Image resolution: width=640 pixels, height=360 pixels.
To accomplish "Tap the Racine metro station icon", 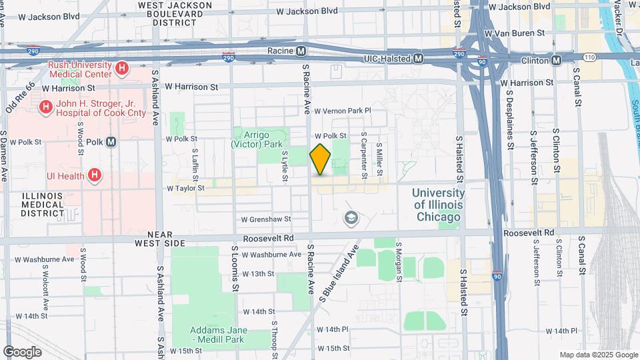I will [x=301, y=51].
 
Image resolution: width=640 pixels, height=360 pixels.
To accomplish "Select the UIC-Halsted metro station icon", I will [x=418, y=59].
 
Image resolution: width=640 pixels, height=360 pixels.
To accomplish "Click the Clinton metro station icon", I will [x=556, y=60].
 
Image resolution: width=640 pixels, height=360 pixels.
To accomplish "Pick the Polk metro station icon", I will [x=111, y=141].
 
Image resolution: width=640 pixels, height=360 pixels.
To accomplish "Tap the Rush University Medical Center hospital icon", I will [x=121, y=68].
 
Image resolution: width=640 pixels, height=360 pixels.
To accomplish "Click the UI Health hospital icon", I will [x=95, y=175].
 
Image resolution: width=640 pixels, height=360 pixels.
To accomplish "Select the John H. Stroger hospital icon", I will [x=45, y=107].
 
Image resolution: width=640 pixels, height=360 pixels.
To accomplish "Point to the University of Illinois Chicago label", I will [x=438, y=205].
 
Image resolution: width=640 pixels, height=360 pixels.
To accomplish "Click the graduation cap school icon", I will [x=350, y=217].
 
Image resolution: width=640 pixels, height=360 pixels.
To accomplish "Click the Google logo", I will [x=22, y=351].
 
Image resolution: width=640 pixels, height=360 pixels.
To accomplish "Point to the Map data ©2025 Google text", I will [x=598, y=355].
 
